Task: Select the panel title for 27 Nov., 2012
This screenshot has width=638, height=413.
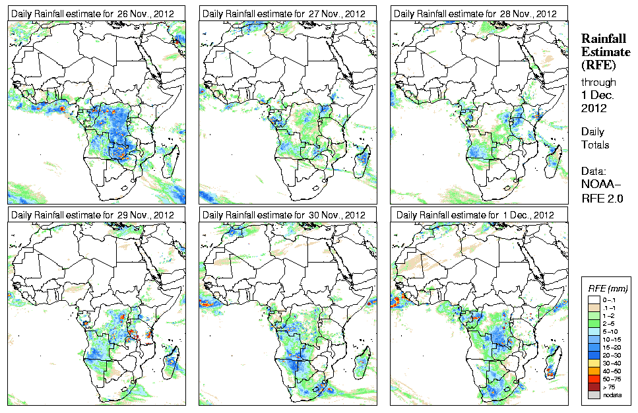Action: point(283,13)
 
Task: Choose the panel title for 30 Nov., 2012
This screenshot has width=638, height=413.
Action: point(283,215)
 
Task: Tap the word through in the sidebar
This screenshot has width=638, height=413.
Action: point(598,82)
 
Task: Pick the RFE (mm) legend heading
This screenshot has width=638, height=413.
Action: point(608,288)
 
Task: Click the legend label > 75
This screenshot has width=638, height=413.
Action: point(614,387)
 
